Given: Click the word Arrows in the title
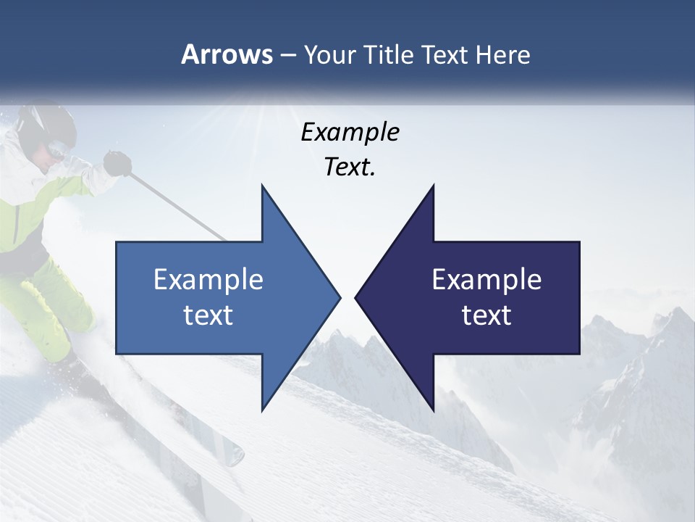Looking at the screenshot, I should click(226, 54).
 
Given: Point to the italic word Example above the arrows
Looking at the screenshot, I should click(350, 132).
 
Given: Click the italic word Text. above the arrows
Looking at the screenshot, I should click(350, 167).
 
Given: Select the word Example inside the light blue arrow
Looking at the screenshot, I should click(208, 279).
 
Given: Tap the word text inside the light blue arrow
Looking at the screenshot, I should click(208, 315).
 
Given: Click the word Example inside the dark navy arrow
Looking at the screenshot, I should click(486, 279).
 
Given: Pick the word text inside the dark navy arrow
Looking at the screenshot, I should click(486, 315).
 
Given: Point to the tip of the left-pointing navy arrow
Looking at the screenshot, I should click(357, 297).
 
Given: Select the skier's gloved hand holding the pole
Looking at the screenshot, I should click(117, 164).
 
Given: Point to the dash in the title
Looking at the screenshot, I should click(287, 55).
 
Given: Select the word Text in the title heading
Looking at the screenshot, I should click(445, 54).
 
